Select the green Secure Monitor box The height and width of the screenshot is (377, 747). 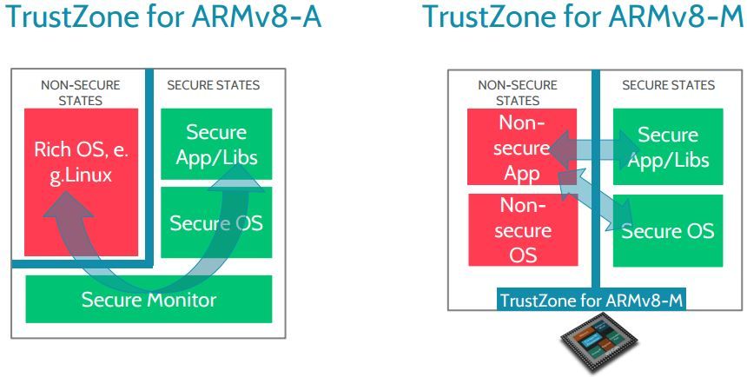coord(149,300)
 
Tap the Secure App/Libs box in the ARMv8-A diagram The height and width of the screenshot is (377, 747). coord(217,144)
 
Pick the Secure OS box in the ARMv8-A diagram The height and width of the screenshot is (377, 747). coord(216,222)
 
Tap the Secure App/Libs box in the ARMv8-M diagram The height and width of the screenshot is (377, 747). coord(667,148)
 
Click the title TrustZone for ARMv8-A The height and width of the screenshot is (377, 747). coord(162,17)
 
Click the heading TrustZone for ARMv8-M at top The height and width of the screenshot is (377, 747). coord(583,17)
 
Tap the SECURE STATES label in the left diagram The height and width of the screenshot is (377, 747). coord(213,86)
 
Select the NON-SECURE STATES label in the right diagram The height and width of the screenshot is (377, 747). coord(517,93)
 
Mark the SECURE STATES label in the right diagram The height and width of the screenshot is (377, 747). coord(669,85)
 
